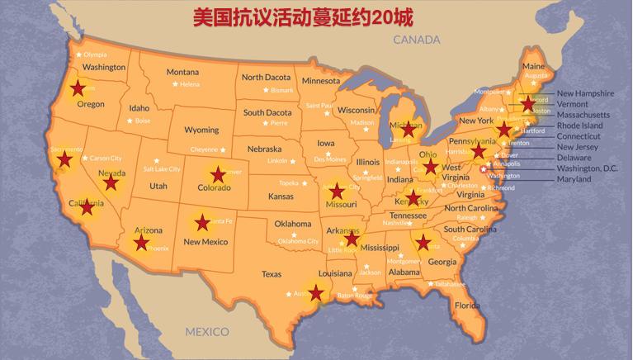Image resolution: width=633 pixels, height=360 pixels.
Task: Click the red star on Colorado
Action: tap(217, 174)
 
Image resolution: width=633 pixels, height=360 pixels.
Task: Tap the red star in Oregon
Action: tap(78, 88)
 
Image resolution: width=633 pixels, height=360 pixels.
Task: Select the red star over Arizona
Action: tap(141, 242)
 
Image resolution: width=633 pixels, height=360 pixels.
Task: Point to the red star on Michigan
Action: tap(404, 128)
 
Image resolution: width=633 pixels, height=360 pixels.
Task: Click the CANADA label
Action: tap(417, 40)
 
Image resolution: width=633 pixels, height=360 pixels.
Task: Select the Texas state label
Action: tap(272, 273)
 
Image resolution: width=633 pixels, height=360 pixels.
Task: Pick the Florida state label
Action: tap(467, 306)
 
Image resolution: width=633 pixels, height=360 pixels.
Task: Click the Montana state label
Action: tap(182, 72)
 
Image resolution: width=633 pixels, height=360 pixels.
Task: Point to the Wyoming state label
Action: tap(201, 130)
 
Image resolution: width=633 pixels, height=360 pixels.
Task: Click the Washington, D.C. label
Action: tap(587, 168)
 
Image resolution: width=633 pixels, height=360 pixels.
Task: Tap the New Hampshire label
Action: tap(585, 93)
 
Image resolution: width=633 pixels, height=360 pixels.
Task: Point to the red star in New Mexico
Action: tap(201, 222)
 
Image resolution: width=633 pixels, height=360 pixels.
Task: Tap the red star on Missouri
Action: tap(335, 191)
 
